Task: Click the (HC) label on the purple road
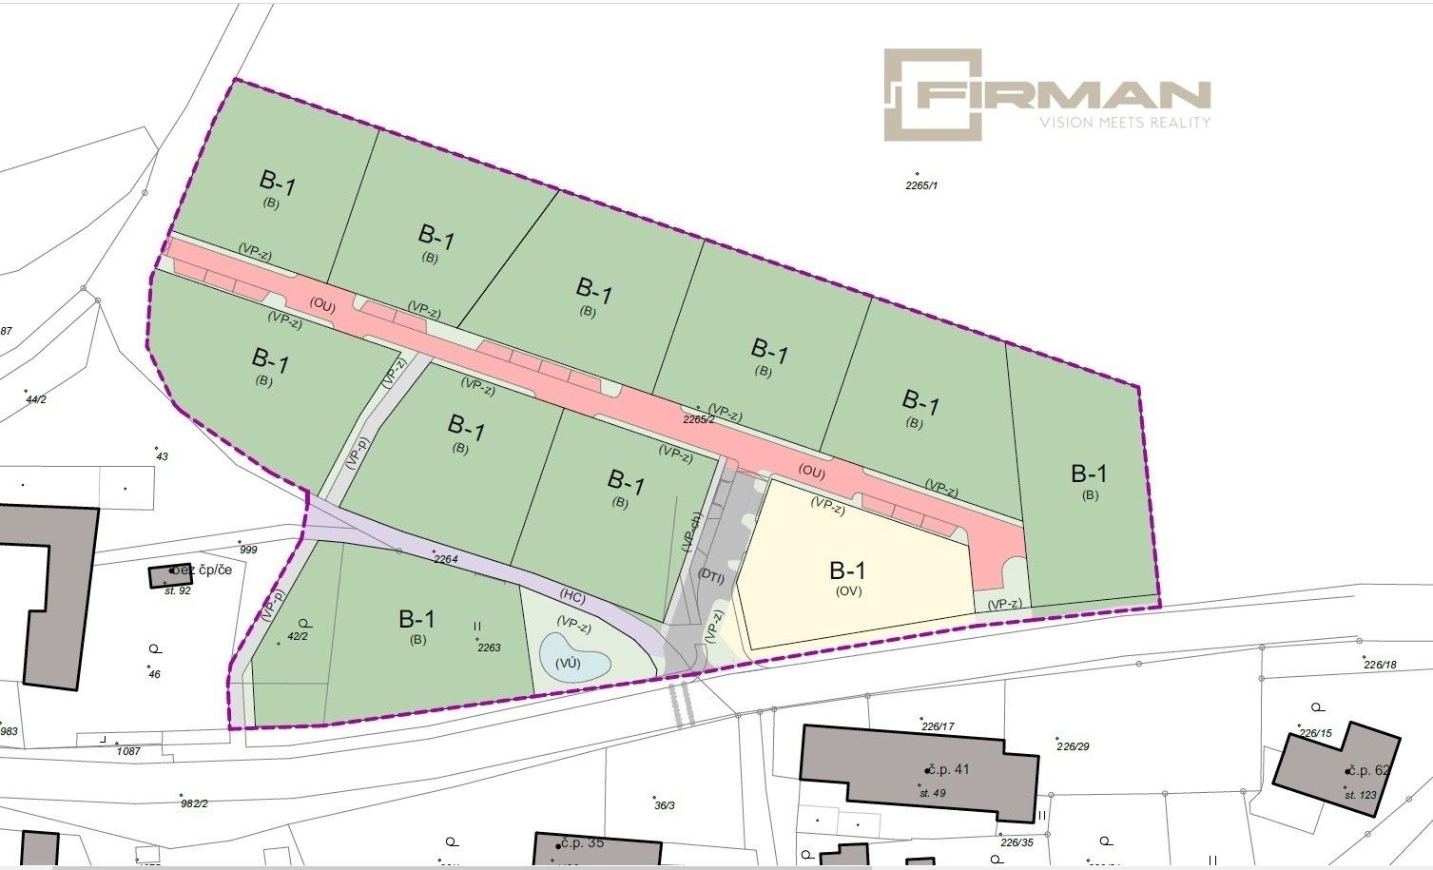(x=572, y=598)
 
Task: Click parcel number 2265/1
(x=921, y=185)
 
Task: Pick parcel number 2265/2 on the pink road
(x=699, y=418)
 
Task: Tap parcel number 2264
(x=446, y=559)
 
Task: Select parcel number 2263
(x=489, y=648)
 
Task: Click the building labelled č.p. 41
(x=918, y=770)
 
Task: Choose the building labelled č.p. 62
(x=1336, y=770)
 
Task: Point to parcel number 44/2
(x=36, y=399)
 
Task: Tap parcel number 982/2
(x=194, y=803)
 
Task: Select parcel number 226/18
(x=1379, y=665)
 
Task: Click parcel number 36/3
(x=665, y=805)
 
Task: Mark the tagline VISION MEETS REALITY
(x=1125, y=123)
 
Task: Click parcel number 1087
(x=128, y=751)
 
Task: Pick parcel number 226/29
(x=1073, y=746)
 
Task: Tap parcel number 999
(x=248, y=550)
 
